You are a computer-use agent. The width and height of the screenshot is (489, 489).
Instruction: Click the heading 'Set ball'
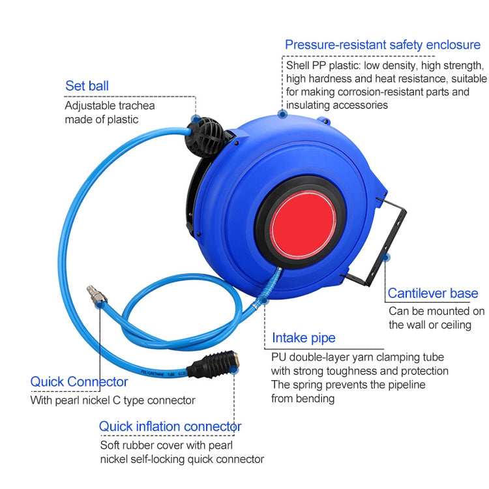pyautogui.click(x=87, y=85)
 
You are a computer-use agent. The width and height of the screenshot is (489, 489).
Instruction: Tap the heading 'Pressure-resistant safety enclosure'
pyautogui.click(x=382, y=44)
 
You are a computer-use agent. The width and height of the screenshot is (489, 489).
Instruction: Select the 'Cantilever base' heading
pyautogui.click(x=432, y=293)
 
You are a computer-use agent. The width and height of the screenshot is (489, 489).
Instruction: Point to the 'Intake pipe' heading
pyautogui.click(x=303, y=337)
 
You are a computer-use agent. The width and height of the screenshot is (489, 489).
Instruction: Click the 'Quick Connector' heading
pyautogui.click(x=79, y=381)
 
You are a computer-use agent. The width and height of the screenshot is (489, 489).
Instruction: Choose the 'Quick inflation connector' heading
pyautogui.click(x=170, y=426)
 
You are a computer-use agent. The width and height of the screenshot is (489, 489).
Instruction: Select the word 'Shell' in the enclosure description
pyautogui.click(x=299, y=65)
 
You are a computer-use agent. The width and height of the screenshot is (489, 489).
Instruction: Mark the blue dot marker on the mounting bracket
pyautogui.click(x=386, y=257)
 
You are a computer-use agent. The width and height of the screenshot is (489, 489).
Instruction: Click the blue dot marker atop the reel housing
pyautogui.click(x=282, y=113)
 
